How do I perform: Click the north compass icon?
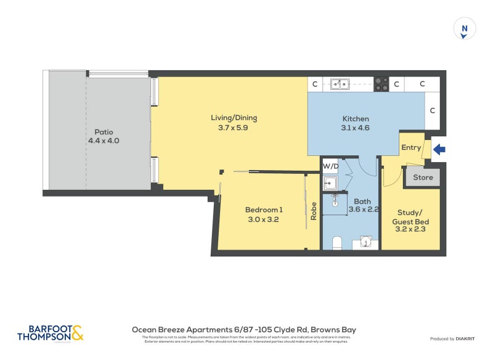[x=465, y=29]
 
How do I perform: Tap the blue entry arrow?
[x=439, y=149]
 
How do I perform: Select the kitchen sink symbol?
[x=339, y=84]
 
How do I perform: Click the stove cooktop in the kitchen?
[x=381, y=84]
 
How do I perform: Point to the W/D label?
[x=330, y=166]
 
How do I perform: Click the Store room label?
[x=423, y=178]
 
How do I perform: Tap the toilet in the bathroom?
[x=336, y=242]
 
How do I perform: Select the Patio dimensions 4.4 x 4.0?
[x=104, y=141]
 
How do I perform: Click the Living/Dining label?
[x=234, y=118]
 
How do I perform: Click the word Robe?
[x=314, y=211]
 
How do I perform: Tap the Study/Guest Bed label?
[x=410, y=221]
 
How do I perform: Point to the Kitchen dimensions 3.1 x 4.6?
[x=356, y=129]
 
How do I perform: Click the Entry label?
[x=411, y=147]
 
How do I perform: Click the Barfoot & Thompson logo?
[x=50, y=333]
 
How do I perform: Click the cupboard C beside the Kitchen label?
[x=433, y=111]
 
